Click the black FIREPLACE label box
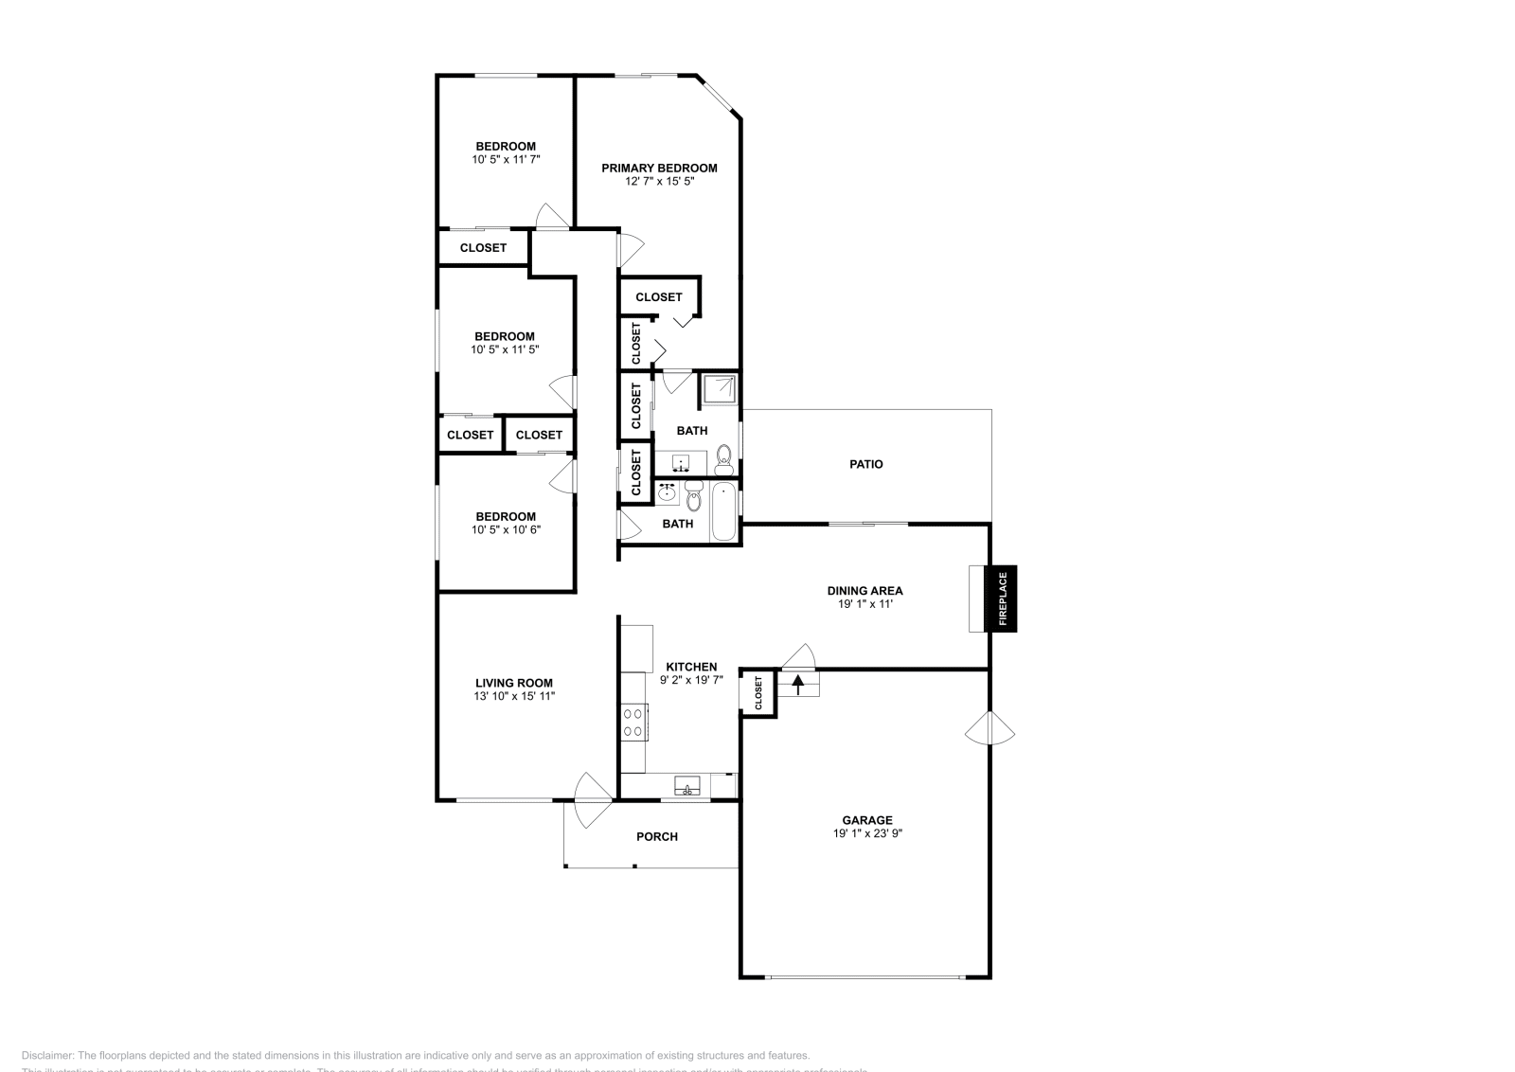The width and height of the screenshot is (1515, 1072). [x=1002, y=599]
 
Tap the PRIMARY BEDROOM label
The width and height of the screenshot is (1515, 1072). [x=659, y=168]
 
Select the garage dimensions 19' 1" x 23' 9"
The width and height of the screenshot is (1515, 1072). [x=867, y=833]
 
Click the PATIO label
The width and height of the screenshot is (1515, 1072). [x=865, y=464]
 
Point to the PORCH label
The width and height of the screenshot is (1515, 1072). [x=656, y=836]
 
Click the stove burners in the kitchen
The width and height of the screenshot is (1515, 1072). [x=633, y=723]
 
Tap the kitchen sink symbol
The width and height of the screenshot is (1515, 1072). [x=687, y=786]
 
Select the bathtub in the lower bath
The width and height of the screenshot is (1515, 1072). [x=723, y=511]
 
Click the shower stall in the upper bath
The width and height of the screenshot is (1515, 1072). [x=719, y=388]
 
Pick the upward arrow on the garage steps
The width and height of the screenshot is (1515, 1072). [x=797, y=683]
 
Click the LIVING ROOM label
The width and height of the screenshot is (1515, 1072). [x=513, y=683]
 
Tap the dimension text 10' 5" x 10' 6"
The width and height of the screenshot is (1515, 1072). [x=506, y=529]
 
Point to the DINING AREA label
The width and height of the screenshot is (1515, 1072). [x=864, y=590]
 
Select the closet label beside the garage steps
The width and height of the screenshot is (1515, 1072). [x=758, y=692]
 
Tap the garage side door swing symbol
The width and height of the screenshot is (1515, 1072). [x=991, y=730]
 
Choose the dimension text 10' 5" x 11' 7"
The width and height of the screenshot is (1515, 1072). [x=506, y=159]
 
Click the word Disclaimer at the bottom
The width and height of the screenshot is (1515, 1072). [x=46, y=1055]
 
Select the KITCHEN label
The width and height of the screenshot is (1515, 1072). [x=691, y=667]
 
